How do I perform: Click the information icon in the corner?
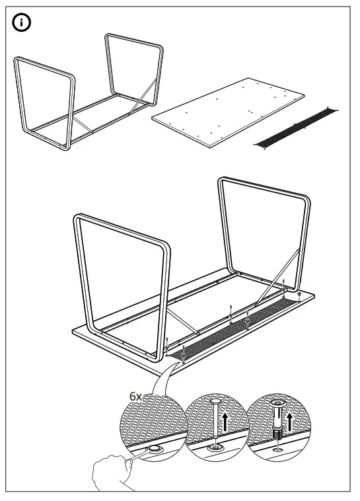click(22, 23)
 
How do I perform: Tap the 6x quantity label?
click(135, 396)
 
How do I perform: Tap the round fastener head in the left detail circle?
click(154, 449)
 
